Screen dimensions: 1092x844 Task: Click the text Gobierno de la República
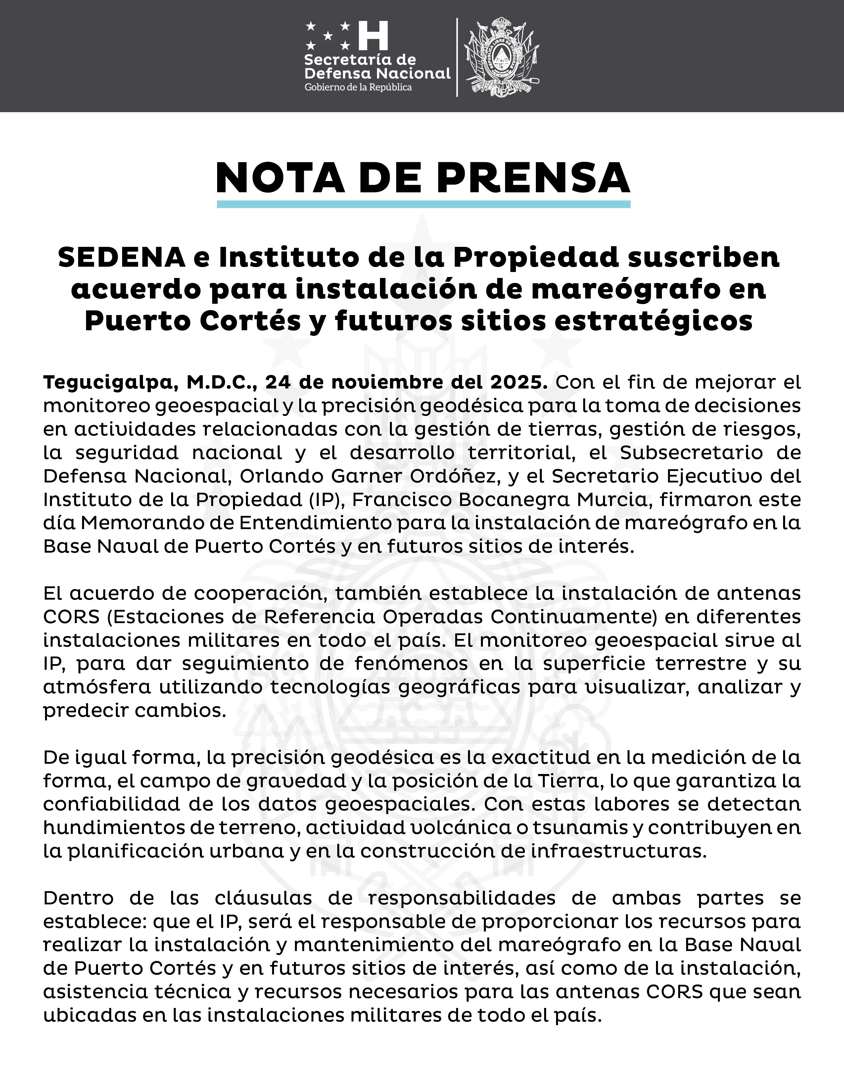(x=358, y=87)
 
